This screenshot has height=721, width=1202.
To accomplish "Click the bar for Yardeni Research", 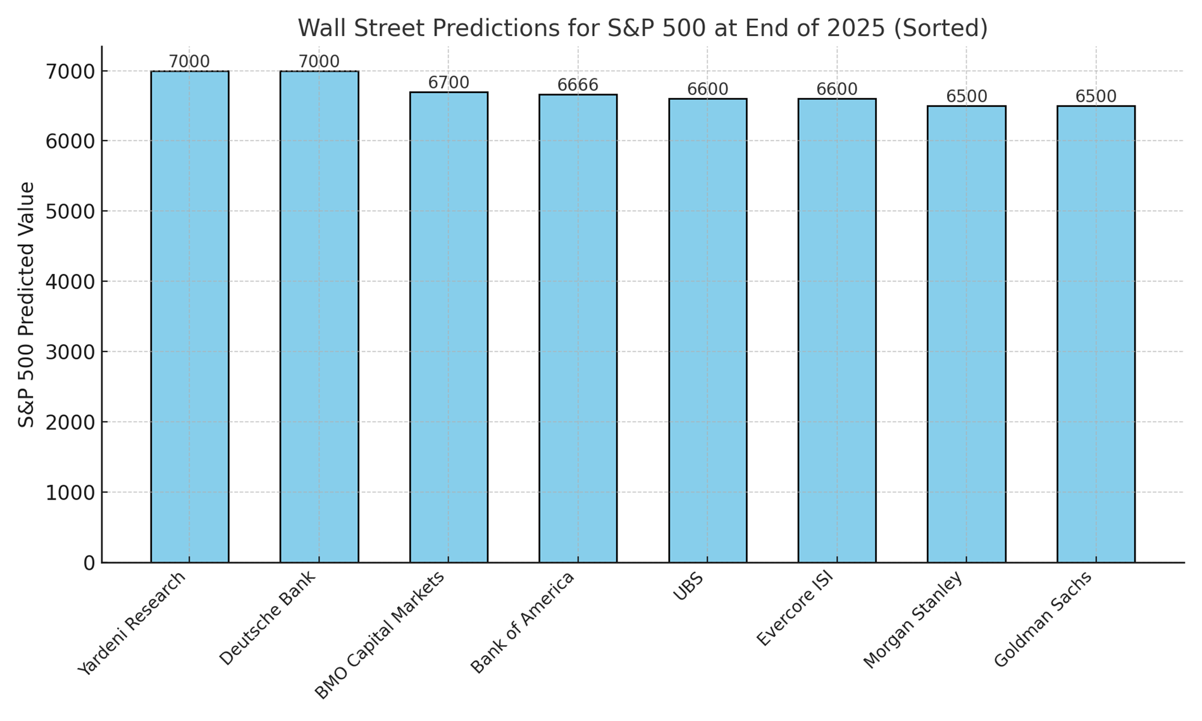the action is pyautogui.click(x=190, y=316).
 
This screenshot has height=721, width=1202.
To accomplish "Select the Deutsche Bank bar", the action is pyautogui.click(x=319, y=316).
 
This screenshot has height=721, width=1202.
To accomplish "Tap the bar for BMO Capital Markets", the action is pyautogui.click(x=449, y=327).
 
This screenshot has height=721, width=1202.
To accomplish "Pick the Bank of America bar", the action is pyautogui.click(x=578, y=328).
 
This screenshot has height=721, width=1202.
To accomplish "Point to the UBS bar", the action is pyautogui.click(x=708, y=330).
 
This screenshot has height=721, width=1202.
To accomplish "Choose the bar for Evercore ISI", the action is pyautogui.click(x=837, y=330).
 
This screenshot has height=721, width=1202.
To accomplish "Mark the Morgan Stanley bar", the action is pyautogui.click(x=967, y=334).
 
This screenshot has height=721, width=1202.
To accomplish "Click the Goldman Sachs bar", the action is pyautogui.click(x=1096, y=334).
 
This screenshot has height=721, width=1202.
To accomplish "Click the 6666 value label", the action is pyautogui.click(x=578, y=85).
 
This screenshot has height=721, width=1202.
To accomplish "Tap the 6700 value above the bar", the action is pyautogui.click(x=449, y=82).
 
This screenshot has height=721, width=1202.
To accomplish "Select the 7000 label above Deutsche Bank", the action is pyautogui.click(x=319, y=61).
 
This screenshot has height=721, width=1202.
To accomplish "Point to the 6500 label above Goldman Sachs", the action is pyautogui.click(x=1096, y=96).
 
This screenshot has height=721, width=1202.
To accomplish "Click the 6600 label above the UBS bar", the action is pyautogui.click(x=708, y=89).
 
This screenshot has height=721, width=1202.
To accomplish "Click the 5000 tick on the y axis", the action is pyautogui.click(x=70, y=211).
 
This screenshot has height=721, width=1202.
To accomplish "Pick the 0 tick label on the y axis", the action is pyautogui.click(x=89, y=563).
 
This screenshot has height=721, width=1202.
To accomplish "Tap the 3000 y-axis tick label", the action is pyautogui.click(x=70, y=352).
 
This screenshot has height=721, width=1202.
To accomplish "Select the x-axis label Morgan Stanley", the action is pyautogui.click(x=913, y=620).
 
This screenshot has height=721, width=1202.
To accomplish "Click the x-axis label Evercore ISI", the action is pyautogui.click(x=795, y=608).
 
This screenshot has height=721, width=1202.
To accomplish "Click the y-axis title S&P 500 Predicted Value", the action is pyautogui.click(x=26, y=304).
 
